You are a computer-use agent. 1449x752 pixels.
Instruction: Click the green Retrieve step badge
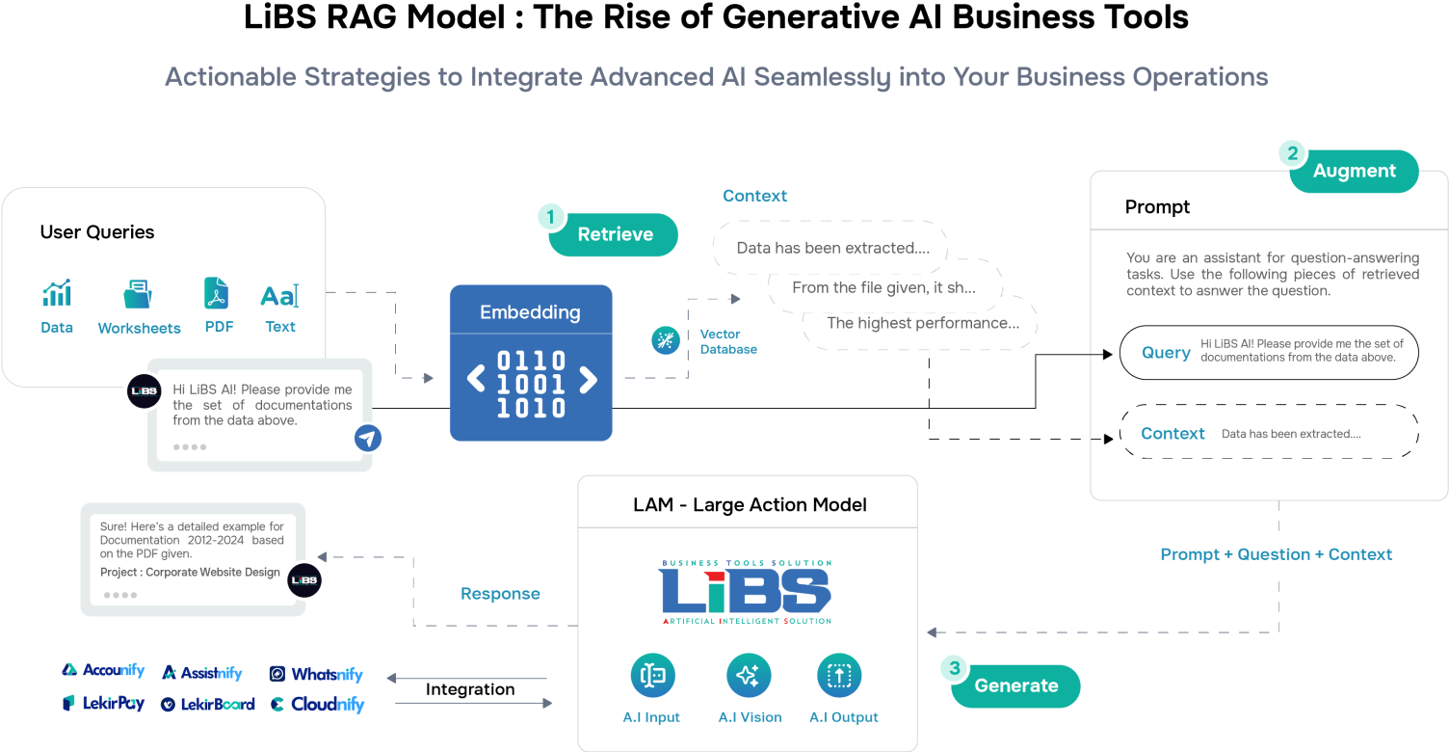tap(614, 234)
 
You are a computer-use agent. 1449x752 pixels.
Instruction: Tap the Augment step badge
tap(1354, 171)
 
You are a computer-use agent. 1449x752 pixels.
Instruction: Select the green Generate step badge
tap(1015, 685)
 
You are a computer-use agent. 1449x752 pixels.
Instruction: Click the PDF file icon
tap(217, 293)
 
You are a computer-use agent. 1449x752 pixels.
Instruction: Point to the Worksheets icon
tap(138, 293)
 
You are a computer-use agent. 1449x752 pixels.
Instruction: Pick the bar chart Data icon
tap(57, 293)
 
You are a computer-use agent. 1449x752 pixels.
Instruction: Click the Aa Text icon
tap(279, 295)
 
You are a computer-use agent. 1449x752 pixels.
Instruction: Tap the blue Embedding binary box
tap(531, 363)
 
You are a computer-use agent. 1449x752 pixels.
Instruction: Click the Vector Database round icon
tap(666, 340)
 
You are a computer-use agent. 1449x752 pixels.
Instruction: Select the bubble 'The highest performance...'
tap(922, 323)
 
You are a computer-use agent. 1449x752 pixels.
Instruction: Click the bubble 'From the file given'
tap(883, 287)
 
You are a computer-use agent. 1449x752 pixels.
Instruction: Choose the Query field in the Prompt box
tap(1269, 352)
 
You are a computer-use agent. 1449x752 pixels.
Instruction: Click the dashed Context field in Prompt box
tap(1269, 434)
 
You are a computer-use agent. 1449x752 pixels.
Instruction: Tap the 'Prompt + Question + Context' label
tap(1276, 554)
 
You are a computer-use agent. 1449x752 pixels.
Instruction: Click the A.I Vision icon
tap(749, 676)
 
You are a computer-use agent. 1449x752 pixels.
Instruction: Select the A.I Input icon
tap(652, 676)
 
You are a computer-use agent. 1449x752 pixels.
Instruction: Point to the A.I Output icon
tap(839, 676)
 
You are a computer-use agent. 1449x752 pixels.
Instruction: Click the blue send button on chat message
tap(367, 439)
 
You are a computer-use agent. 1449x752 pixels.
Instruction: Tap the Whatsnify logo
tap(317, 674)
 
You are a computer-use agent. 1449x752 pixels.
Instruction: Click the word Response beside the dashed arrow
tap(500, 594)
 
